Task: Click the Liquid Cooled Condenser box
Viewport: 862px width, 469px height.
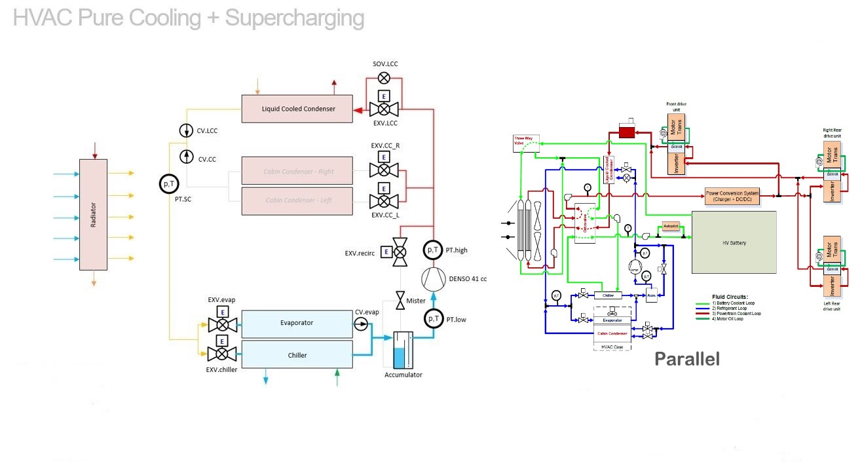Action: [x=297, y=109]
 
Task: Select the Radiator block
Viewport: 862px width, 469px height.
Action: [x=93, y=214]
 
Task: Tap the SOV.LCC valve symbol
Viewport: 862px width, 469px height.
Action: [x=384, y=78]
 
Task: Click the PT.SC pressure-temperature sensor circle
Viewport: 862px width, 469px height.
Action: [x=170, y=184]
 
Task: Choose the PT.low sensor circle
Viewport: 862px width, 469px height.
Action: [x=433, y=318]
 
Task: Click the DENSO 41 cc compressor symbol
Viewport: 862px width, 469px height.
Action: [x=433, y=279]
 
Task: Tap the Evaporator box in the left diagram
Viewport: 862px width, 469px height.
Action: [x=297, y=323]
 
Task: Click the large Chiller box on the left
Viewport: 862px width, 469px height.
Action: [x=297, y=355]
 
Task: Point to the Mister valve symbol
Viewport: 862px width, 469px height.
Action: [x=400, y=301]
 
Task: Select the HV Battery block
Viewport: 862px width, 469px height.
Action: [x=734, y=243]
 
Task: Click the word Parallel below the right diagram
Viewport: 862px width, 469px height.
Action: [x=687, y=359]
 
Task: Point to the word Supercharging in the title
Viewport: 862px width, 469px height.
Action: [x=294, y=18]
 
